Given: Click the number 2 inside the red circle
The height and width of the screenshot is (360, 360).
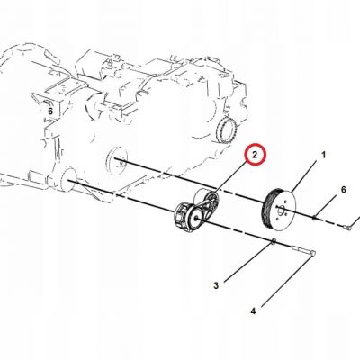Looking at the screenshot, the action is tap(255, 155).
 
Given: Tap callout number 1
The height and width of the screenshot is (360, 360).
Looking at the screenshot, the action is tap(323, 155).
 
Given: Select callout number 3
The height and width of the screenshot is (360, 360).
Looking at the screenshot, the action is tap(216, 285).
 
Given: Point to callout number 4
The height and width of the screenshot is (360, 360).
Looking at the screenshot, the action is tap(253, 311).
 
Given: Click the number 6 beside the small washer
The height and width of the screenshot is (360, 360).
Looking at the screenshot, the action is tap(343, 190).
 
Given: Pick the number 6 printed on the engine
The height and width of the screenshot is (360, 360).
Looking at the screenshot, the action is tap(50, 112).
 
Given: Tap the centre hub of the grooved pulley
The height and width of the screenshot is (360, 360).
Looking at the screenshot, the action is tap(282, 211).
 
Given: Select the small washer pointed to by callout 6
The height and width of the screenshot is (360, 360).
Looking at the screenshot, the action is tap(314, 218).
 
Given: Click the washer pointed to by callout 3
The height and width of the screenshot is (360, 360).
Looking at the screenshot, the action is tap(274, 241).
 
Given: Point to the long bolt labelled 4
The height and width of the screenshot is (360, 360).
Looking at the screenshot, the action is tap(302, 250).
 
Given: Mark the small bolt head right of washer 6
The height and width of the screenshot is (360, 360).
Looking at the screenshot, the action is tap(348, 228).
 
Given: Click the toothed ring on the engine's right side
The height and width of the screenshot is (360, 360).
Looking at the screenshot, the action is tap(227, 130).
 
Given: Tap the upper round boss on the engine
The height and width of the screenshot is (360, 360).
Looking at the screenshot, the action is tap(117, 160).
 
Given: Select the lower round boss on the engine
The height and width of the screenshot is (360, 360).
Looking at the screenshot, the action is tap(68, 180).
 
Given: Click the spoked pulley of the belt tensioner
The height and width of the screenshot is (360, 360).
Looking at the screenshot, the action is tap(207, 200).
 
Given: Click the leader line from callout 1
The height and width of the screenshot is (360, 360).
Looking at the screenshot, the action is tap(303, 175).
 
